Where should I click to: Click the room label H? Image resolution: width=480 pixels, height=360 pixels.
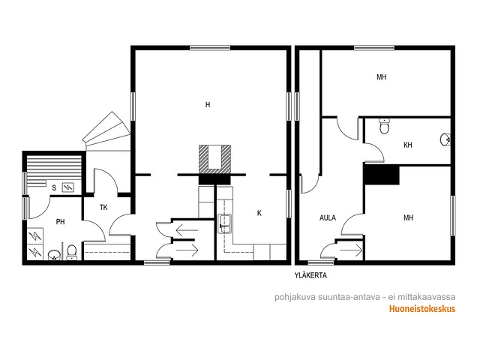[x=208, y=105]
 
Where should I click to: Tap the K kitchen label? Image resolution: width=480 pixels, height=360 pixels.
[x=259, y=213]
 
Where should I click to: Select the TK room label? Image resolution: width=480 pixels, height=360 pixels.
[x=103, y=208]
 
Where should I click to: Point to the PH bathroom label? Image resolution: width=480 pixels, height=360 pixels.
[x=60, y=222]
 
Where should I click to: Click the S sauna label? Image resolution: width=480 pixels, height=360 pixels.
[x=54, y=187]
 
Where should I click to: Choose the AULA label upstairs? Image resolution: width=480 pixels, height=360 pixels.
[x=328, y=218]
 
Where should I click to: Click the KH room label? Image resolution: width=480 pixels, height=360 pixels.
[x=408, y=145]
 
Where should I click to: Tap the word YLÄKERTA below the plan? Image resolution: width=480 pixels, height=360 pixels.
[x=310, y=275]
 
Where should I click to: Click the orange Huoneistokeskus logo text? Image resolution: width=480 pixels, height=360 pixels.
[x=422, y=309]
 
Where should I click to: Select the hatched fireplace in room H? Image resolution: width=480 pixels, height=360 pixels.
[x=214, y=158]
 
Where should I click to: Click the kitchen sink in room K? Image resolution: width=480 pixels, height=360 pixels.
[x=225, y=224]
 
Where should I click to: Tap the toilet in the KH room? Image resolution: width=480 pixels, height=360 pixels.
[x=384, y=126]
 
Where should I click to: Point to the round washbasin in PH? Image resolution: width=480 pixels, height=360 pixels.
[x=54, y=255]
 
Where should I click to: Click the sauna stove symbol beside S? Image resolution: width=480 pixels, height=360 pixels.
[x=68, y=187]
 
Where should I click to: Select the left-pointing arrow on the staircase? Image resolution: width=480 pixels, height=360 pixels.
[x=187, y=230]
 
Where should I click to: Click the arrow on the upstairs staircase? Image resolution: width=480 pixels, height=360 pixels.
[x=352, y=250]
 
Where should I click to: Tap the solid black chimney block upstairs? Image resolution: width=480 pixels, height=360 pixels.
[x=382, y=175]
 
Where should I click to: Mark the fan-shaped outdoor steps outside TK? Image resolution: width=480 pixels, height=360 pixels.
[x=107, y=132]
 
